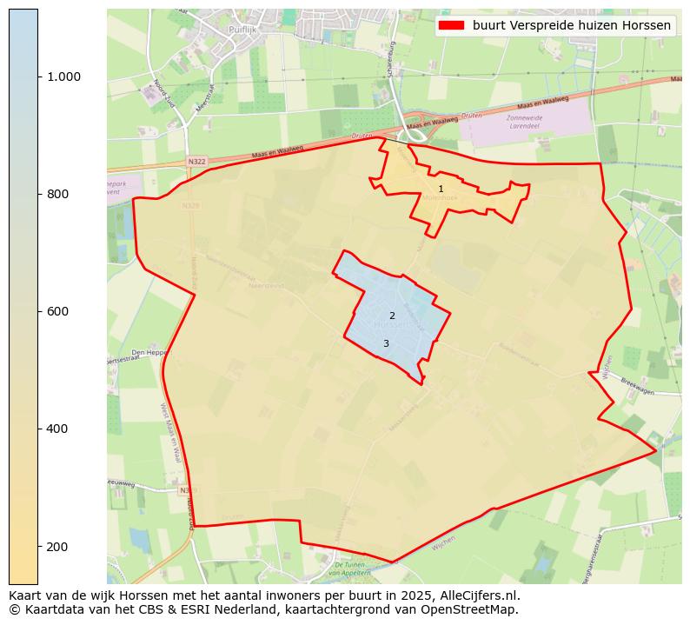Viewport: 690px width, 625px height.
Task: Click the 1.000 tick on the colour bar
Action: tap(38, 76)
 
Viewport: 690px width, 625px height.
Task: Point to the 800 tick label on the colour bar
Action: tap(58, 194)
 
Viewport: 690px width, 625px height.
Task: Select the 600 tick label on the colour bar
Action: tap(58, 311)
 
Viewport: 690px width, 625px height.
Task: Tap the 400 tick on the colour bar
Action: tap(38, 429)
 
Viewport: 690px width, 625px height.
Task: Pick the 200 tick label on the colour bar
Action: tap(58, 546)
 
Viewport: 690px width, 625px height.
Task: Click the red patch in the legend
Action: tap(452, 25)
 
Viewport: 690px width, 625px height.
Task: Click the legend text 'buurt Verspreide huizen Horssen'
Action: tap(572, 25)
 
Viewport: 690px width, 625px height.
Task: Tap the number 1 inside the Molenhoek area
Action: tap(441, 189)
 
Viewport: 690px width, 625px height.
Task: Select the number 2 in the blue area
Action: tap(392, 316)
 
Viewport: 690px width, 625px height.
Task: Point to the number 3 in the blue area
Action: tap(386, 343)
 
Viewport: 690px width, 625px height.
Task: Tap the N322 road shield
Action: tap(197, 161)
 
